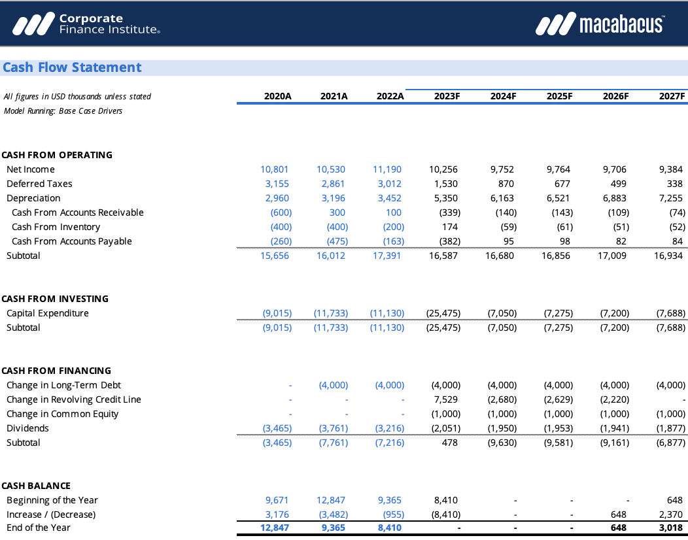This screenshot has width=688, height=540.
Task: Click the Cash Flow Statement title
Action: point(72,67)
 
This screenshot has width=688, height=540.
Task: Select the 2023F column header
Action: point(447,96)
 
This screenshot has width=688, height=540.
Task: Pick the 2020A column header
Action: point(278,96)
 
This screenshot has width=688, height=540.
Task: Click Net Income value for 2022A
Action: point(387,169)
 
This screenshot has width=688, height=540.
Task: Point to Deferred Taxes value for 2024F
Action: point(506,184)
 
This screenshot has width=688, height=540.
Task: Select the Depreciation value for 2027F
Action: point(672,198)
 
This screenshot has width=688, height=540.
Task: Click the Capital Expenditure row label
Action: point(48,313)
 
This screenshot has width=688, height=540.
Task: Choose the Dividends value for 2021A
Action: point(334,428)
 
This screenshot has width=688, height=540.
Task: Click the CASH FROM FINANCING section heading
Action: point(56,371)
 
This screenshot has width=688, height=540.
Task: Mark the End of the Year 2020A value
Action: point(275,528)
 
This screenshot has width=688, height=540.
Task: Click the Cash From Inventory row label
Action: point(56,227)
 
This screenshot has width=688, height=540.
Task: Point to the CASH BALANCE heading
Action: point(36,486)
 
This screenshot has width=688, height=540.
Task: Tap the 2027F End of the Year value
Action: point(672,528)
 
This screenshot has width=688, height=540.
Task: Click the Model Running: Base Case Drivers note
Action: point(63,110)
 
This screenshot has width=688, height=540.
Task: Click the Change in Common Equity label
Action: point(63,414)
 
